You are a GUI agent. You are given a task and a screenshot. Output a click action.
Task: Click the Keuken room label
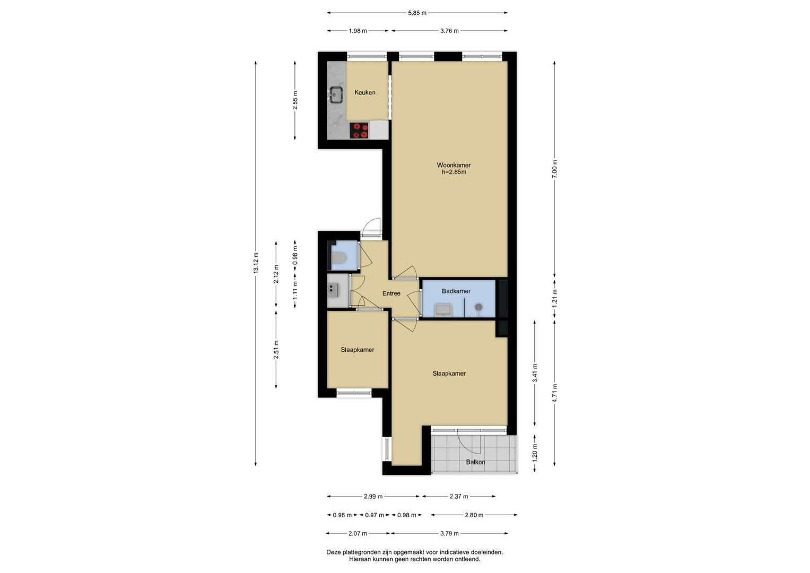pos(364,92)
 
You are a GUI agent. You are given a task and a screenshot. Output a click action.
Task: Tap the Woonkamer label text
pos(454,165)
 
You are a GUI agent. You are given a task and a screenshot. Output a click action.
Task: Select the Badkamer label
pos(456,291)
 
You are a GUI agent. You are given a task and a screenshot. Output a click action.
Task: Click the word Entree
pos(391,293)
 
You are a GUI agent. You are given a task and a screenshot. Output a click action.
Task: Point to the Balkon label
pos(475,462)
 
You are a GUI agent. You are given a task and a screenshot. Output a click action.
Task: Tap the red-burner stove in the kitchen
pos(359,130)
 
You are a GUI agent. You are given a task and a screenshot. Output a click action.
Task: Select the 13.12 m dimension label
pos(256,263)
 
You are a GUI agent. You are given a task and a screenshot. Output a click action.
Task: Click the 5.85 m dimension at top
pos(417,13)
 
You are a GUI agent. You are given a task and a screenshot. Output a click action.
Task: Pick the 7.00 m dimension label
pos(555,169)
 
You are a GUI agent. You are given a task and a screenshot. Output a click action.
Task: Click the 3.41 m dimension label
pos(535,372)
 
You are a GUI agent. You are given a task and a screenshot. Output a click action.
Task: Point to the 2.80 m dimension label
pos(474,515)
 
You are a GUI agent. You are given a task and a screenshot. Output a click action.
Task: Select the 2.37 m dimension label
pos(459,496)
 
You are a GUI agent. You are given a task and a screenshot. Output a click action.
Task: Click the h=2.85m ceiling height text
pos(454,172)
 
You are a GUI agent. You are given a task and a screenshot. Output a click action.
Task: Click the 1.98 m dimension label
pos(358,31)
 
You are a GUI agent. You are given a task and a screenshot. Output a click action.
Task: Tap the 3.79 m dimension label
pos(449,533)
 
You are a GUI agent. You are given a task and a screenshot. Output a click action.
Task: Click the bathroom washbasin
pos(443,310)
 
